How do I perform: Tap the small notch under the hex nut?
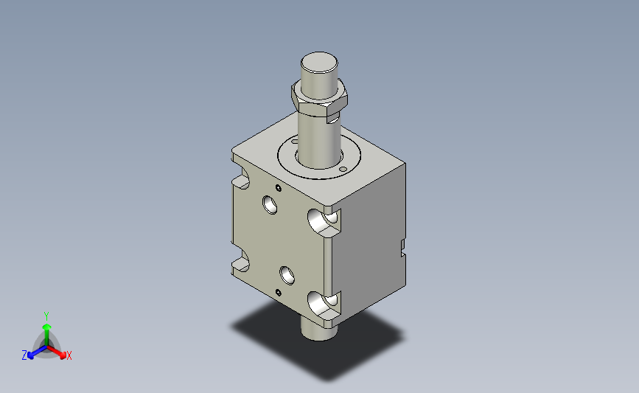(333, 119)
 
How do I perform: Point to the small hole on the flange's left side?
(295, 142)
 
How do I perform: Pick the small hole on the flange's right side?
(343, 169)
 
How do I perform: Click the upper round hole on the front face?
(270, 205)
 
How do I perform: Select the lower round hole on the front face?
(287, 275)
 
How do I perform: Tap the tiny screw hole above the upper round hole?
(279, 188)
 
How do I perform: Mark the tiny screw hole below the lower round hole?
(279, 292)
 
